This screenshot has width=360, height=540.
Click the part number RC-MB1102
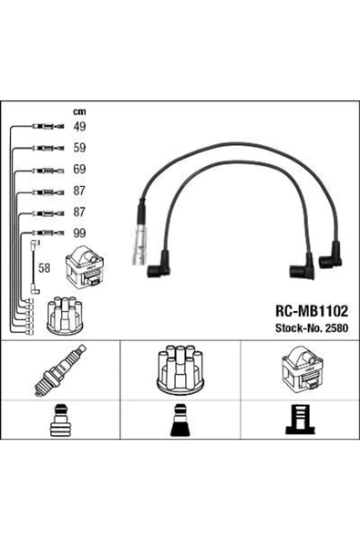(312, 311)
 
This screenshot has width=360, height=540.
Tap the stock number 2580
(336, 327)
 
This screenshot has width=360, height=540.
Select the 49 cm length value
(79, 127)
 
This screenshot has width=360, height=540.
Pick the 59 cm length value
(79, 148)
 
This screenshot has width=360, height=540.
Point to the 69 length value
(79, 169)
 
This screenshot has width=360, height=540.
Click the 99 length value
(79, 234)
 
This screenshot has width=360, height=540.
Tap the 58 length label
(44, 268)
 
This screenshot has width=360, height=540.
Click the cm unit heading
(79, 111)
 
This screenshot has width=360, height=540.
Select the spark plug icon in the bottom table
(60, 370)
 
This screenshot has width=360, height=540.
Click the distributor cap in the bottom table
(180, 370)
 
